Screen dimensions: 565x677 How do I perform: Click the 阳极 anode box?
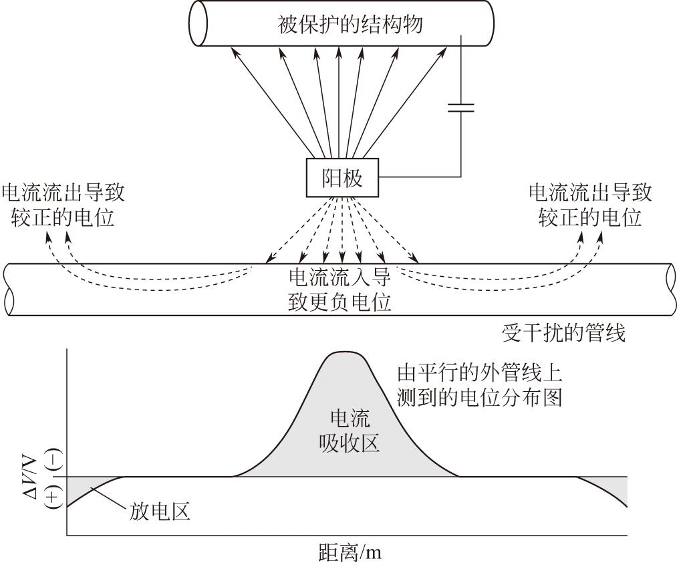(342, 179)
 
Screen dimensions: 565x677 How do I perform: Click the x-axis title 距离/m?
(350, 553)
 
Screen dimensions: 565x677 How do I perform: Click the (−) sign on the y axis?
(55, 459)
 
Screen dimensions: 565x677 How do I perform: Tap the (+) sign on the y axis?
(55, 495)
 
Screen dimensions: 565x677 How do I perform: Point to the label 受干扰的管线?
(563, 332)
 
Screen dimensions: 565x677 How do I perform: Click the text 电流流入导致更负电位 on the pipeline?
(339, 289)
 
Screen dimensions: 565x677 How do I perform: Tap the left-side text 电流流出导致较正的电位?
(63, 205)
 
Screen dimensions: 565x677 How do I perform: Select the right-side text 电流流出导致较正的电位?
(590, 205)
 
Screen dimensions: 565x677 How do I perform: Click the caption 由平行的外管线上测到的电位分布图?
(479, 384)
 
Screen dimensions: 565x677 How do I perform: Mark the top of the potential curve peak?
(344, 352)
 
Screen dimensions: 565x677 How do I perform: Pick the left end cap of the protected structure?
(199, 23)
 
